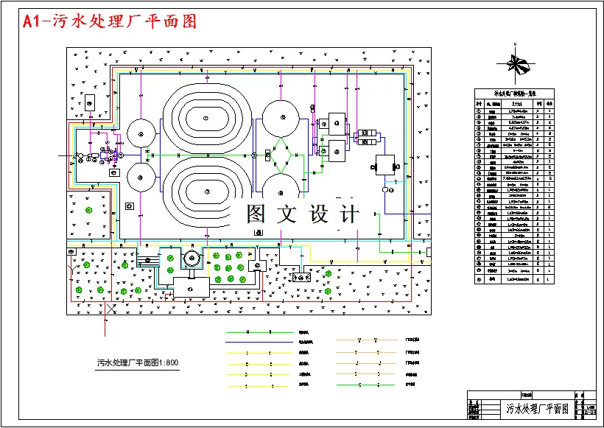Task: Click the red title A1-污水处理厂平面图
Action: [110, 21]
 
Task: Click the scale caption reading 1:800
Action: [138, 362]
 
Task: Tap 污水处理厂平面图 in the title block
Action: [537, 408]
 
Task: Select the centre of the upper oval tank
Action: [207, 117]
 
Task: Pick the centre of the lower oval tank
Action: [207, 192]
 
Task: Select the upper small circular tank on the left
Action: [140, 133]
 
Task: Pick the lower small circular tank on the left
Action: [140, 177]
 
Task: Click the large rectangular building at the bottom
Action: [190, 288]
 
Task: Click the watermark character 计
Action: [348, 214]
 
